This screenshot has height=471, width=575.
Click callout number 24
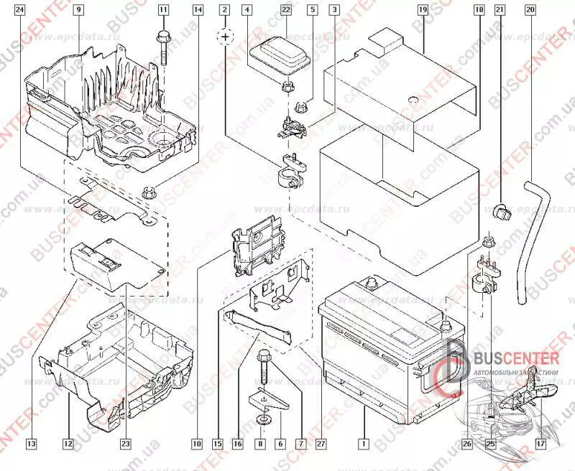[x=19, y=10]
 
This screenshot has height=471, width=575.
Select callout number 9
[x=78, y=10]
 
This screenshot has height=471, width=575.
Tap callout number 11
[x=163, y=10]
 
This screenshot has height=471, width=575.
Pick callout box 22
[x=285, y=10]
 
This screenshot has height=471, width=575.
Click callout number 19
[x=422, y=10]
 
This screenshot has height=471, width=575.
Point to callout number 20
[x=530, y=10]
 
